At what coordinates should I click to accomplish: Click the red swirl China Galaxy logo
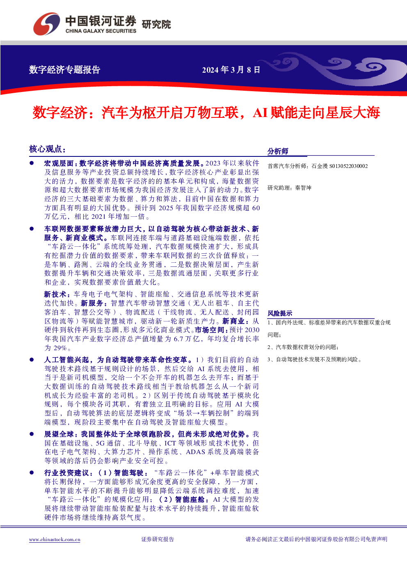pos(46,24)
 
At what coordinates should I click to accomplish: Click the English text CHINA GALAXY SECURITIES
pos(101,31)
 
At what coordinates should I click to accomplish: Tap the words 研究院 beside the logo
pos(156,25)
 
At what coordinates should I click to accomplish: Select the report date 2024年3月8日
pos(231,70)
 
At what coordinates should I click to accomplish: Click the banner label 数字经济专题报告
pos(64,70)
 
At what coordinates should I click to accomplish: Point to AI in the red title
pos(260,112)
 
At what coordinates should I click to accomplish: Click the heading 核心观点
pos(47,149)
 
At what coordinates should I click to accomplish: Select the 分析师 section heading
pos(278,151)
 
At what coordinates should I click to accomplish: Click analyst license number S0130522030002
pos(348,166)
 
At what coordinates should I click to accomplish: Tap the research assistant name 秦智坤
pos(303,188)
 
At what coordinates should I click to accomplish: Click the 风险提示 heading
pos(280,313)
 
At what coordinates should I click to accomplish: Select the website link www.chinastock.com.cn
pos(55,540)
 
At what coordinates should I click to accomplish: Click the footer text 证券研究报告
pos(158,539)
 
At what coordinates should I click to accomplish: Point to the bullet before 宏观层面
pos(32,163)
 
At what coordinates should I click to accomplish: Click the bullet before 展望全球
pos(32,434)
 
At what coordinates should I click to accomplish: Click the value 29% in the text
pos(60,348)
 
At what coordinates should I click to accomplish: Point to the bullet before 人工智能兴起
pos(32,360)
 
